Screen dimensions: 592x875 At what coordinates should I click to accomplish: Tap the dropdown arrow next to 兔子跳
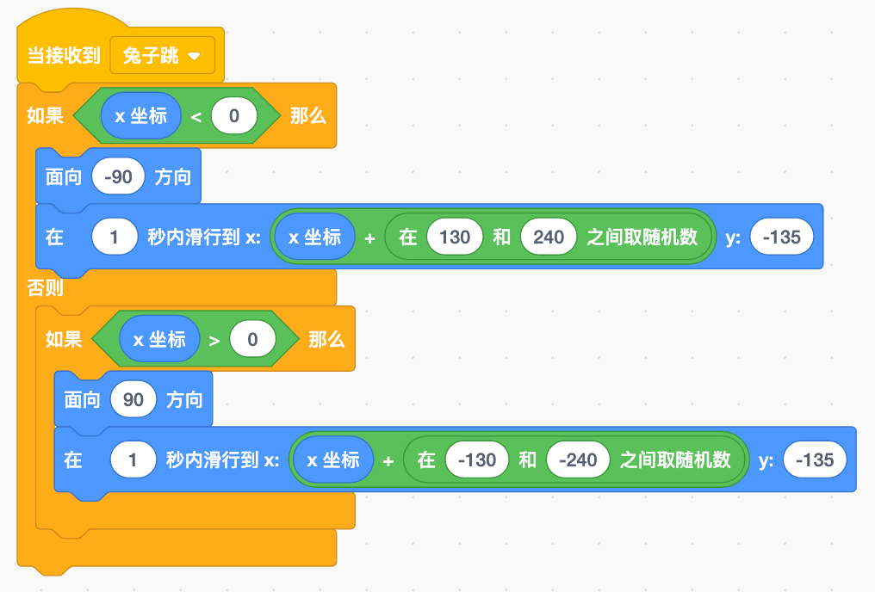194,57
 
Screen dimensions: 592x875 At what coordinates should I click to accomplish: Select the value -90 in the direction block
118,177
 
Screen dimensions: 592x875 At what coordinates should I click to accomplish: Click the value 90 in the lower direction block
133,400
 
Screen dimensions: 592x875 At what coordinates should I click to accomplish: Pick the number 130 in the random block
455,237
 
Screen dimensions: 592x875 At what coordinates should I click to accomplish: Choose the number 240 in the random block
548,237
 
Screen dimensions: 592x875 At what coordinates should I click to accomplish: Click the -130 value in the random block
477,460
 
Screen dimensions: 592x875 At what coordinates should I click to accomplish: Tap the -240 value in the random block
578,460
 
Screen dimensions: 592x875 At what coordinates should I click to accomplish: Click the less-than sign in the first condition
195,116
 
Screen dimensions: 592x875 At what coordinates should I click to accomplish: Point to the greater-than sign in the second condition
214,340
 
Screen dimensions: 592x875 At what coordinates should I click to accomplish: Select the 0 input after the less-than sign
233,116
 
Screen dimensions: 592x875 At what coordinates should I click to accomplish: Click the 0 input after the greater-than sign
252,340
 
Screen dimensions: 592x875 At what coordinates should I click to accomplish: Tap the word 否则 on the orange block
45,288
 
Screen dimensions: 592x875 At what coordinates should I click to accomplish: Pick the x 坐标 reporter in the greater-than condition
159,340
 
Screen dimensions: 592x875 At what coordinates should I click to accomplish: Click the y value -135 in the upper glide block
782,237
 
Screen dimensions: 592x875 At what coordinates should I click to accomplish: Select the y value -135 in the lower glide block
815,460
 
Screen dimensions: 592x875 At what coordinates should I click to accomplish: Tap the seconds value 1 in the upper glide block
115,237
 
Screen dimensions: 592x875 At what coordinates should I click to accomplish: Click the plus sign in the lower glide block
388,460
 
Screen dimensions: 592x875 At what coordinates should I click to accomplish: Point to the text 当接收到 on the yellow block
64,56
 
